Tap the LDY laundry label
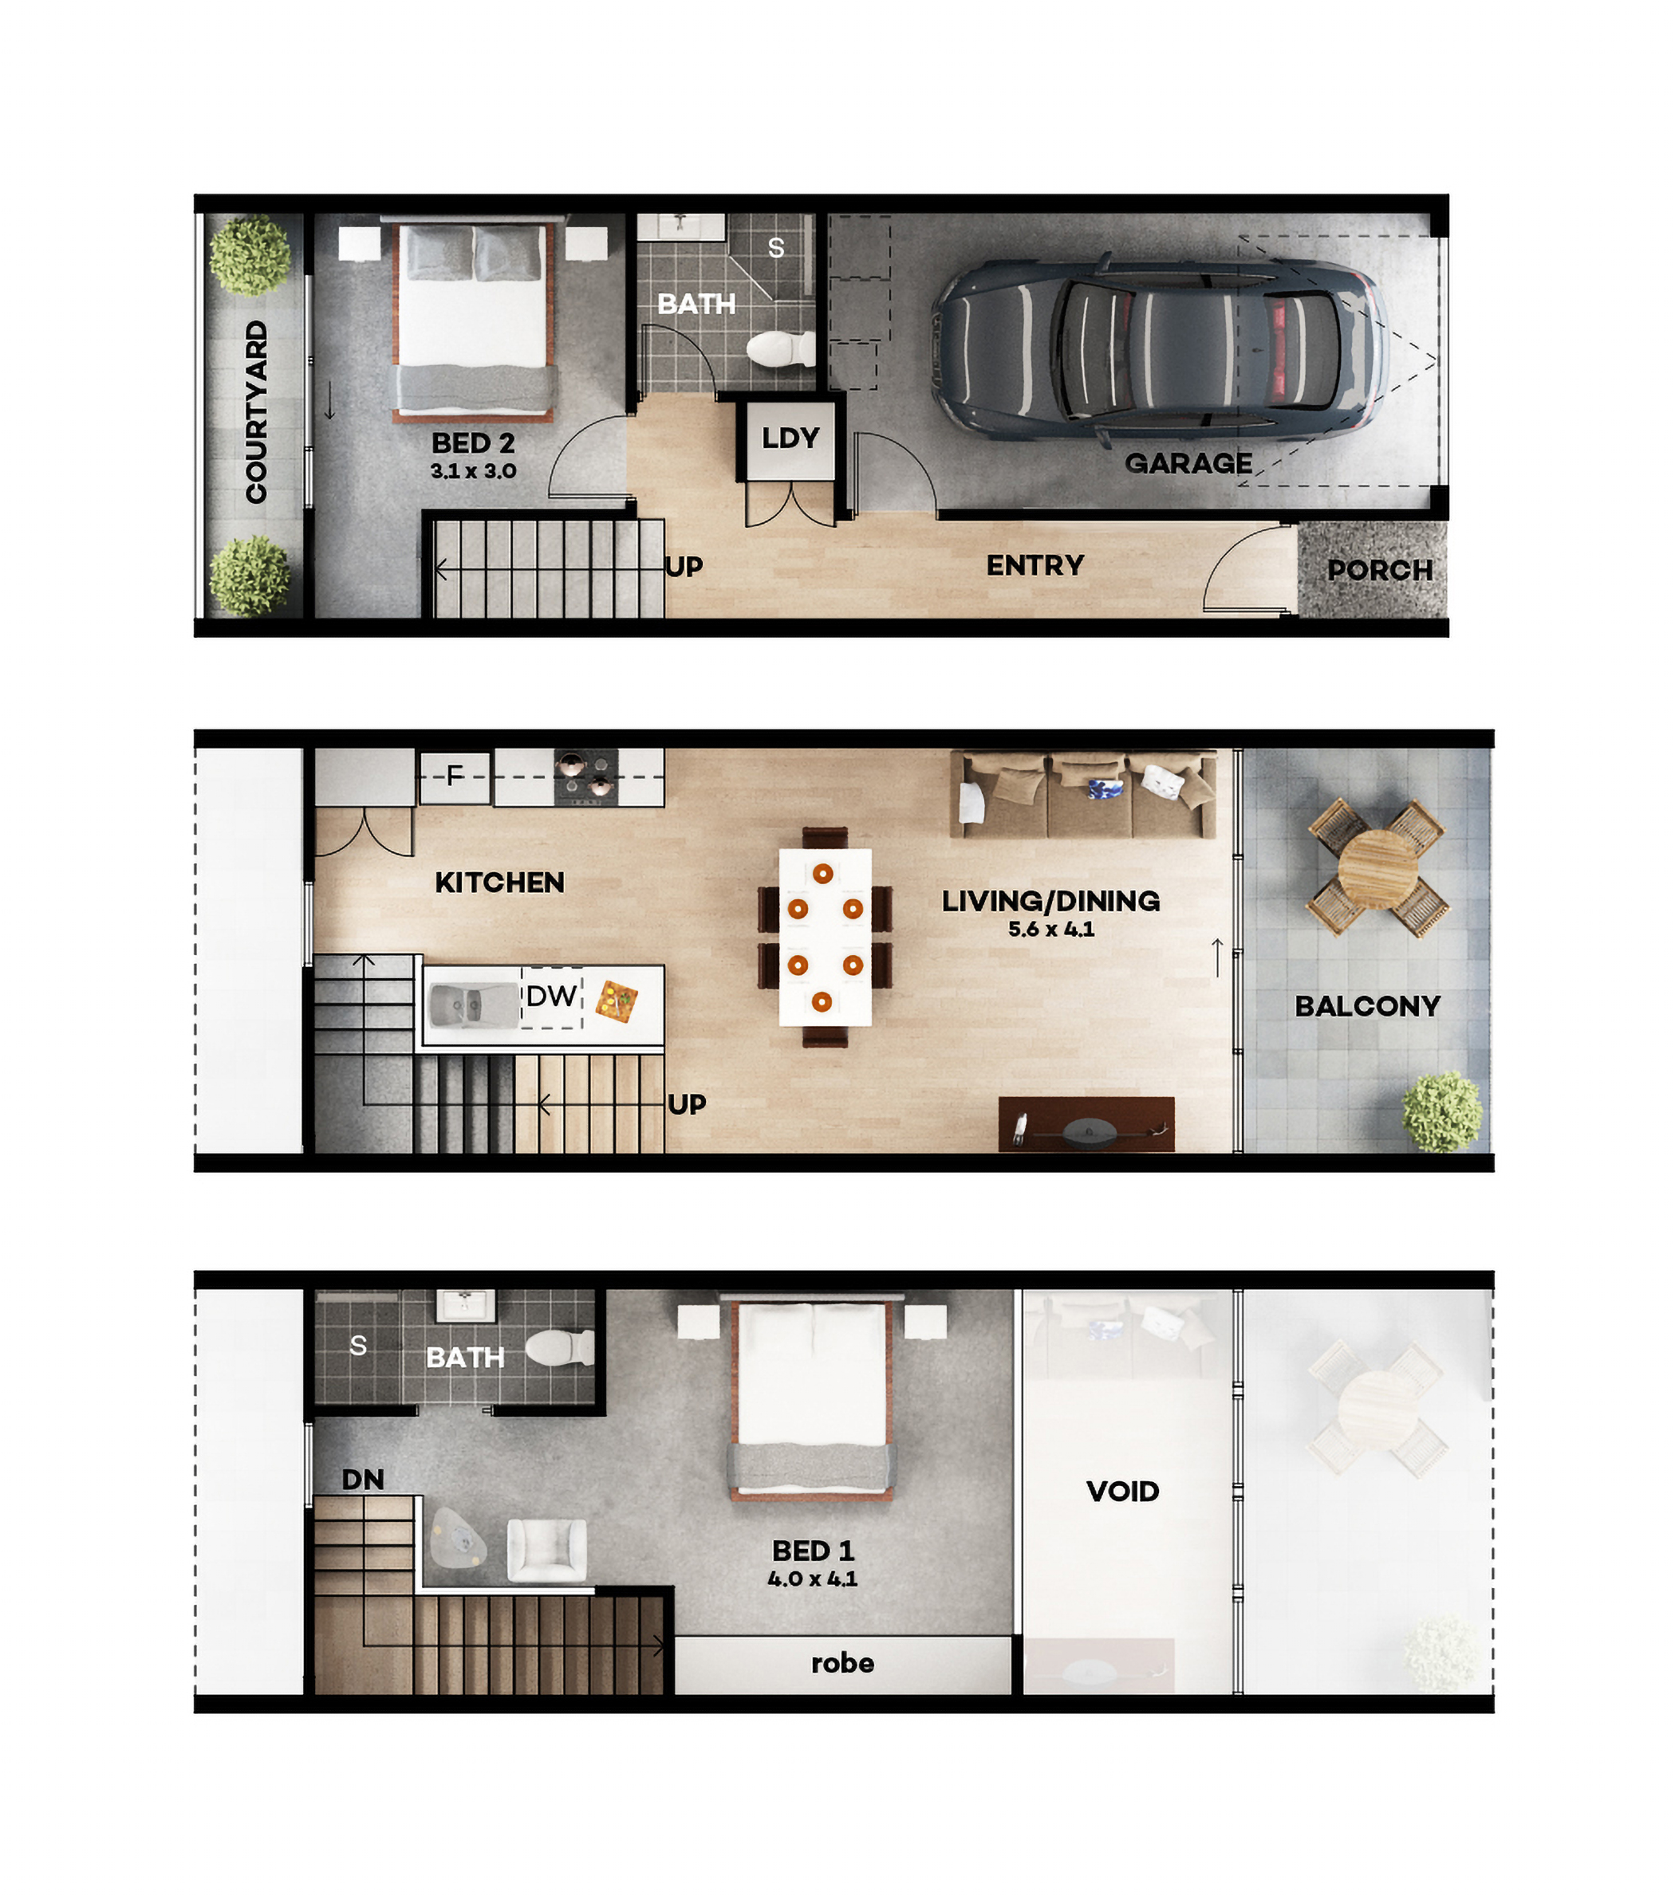click(x=790, y=438)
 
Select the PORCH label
click(x=1380, y=570)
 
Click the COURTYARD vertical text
click(x=256, y=411)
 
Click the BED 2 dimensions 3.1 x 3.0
click(x=473, y=471)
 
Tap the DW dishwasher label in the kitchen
click(x=551, y=997)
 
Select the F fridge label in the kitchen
click(x=455, y=776)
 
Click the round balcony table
click(x=1378, y=870)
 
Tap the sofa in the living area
click(x=1083, y=795)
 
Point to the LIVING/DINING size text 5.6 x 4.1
click(x=1050, y=929)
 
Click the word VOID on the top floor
click(x=1122, y=1492)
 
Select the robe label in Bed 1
click(x=842, y=1663)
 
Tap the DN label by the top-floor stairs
click(x=363, y=1480)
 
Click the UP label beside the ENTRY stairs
click(x=684, y=567)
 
